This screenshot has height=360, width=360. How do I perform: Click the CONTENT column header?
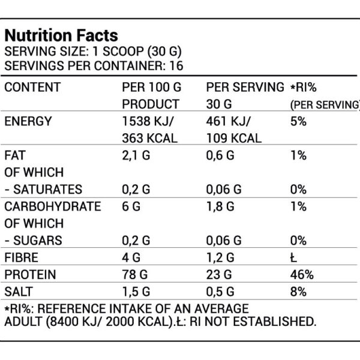tap(32, 87)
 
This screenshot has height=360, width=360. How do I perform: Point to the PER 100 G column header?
tap(150, 87)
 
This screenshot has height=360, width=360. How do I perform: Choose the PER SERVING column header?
tap(244, 87)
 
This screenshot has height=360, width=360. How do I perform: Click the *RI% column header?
tap(307, 87)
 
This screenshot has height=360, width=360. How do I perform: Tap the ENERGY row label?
tap(28, 121)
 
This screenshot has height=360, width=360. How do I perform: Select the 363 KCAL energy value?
tap(149, 138)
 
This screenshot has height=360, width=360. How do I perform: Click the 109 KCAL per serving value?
tap(233, 138)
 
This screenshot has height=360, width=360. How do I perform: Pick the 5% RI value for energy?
tap(298, 121)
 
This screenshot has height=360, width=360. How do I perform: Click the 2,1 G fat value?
tap(135, 155)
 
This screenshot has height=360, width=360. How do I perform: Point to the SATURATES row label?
tap(43, 190)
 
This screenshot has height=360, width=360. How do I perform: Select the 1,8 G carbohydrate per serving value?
tap(219, 206)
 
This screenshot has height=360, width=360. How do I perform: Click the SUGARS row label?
tap(34, 241)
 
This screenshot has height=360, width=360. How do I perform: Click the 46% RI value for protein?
tap(301, 275)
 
